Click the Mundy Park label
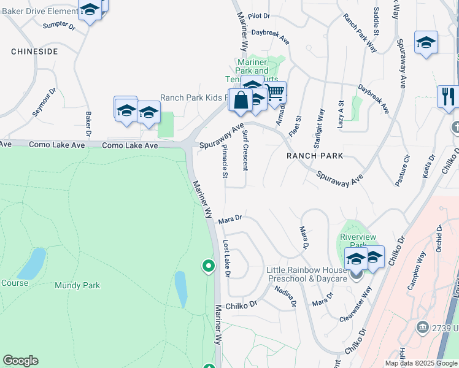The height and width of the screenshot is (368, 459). [77, 285]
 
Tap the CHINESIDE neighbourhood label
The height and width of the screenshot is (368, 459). [34, 52]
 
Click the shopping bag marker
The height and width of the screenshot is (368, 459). [241, 100]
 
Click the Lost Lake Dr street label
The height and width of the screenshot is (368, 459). [226, 258]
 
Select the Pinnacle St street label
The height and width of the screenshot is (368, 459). [225, 162]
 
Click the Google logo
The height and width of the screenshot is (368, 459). [20, 361]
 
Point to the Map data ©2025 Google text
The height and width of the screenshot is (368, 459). [421, 363]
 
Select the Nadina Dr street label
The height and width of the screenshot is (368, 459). [286, 296]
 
